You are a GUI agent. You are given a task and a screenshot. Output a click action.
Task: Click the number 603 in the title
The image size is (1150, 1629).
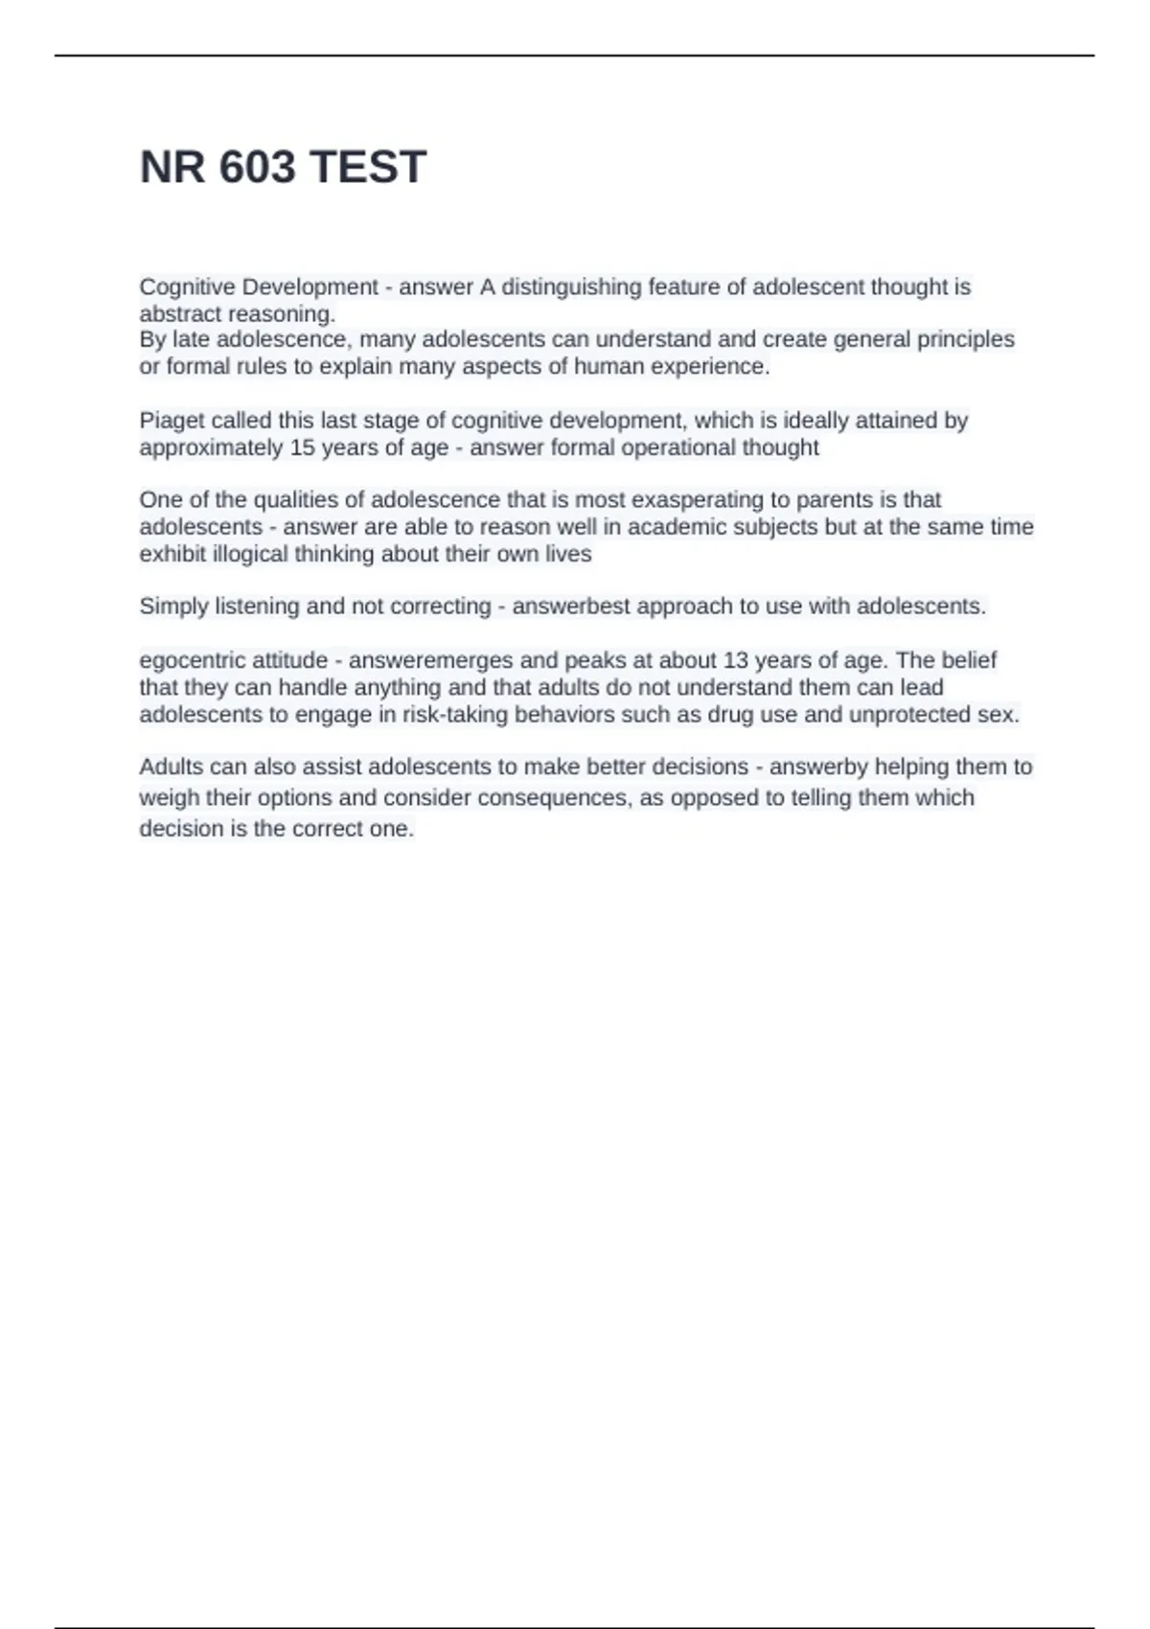[x=257, y=168]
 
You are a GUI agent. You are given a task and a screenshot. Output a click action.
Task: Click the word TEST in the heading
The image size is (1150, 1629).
[x=368, y=168]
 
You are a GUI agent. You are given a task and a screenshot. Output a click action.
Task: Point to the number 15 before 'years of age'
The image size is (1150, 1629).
[x=303, y=447]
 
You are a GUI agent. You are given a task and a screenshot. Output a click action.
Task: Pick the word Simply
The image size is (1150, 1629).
[x=173, y=607]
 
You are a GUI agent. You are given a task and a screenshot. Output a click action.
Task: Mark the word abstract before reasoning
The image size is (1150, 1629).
[x=180, y=313]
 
